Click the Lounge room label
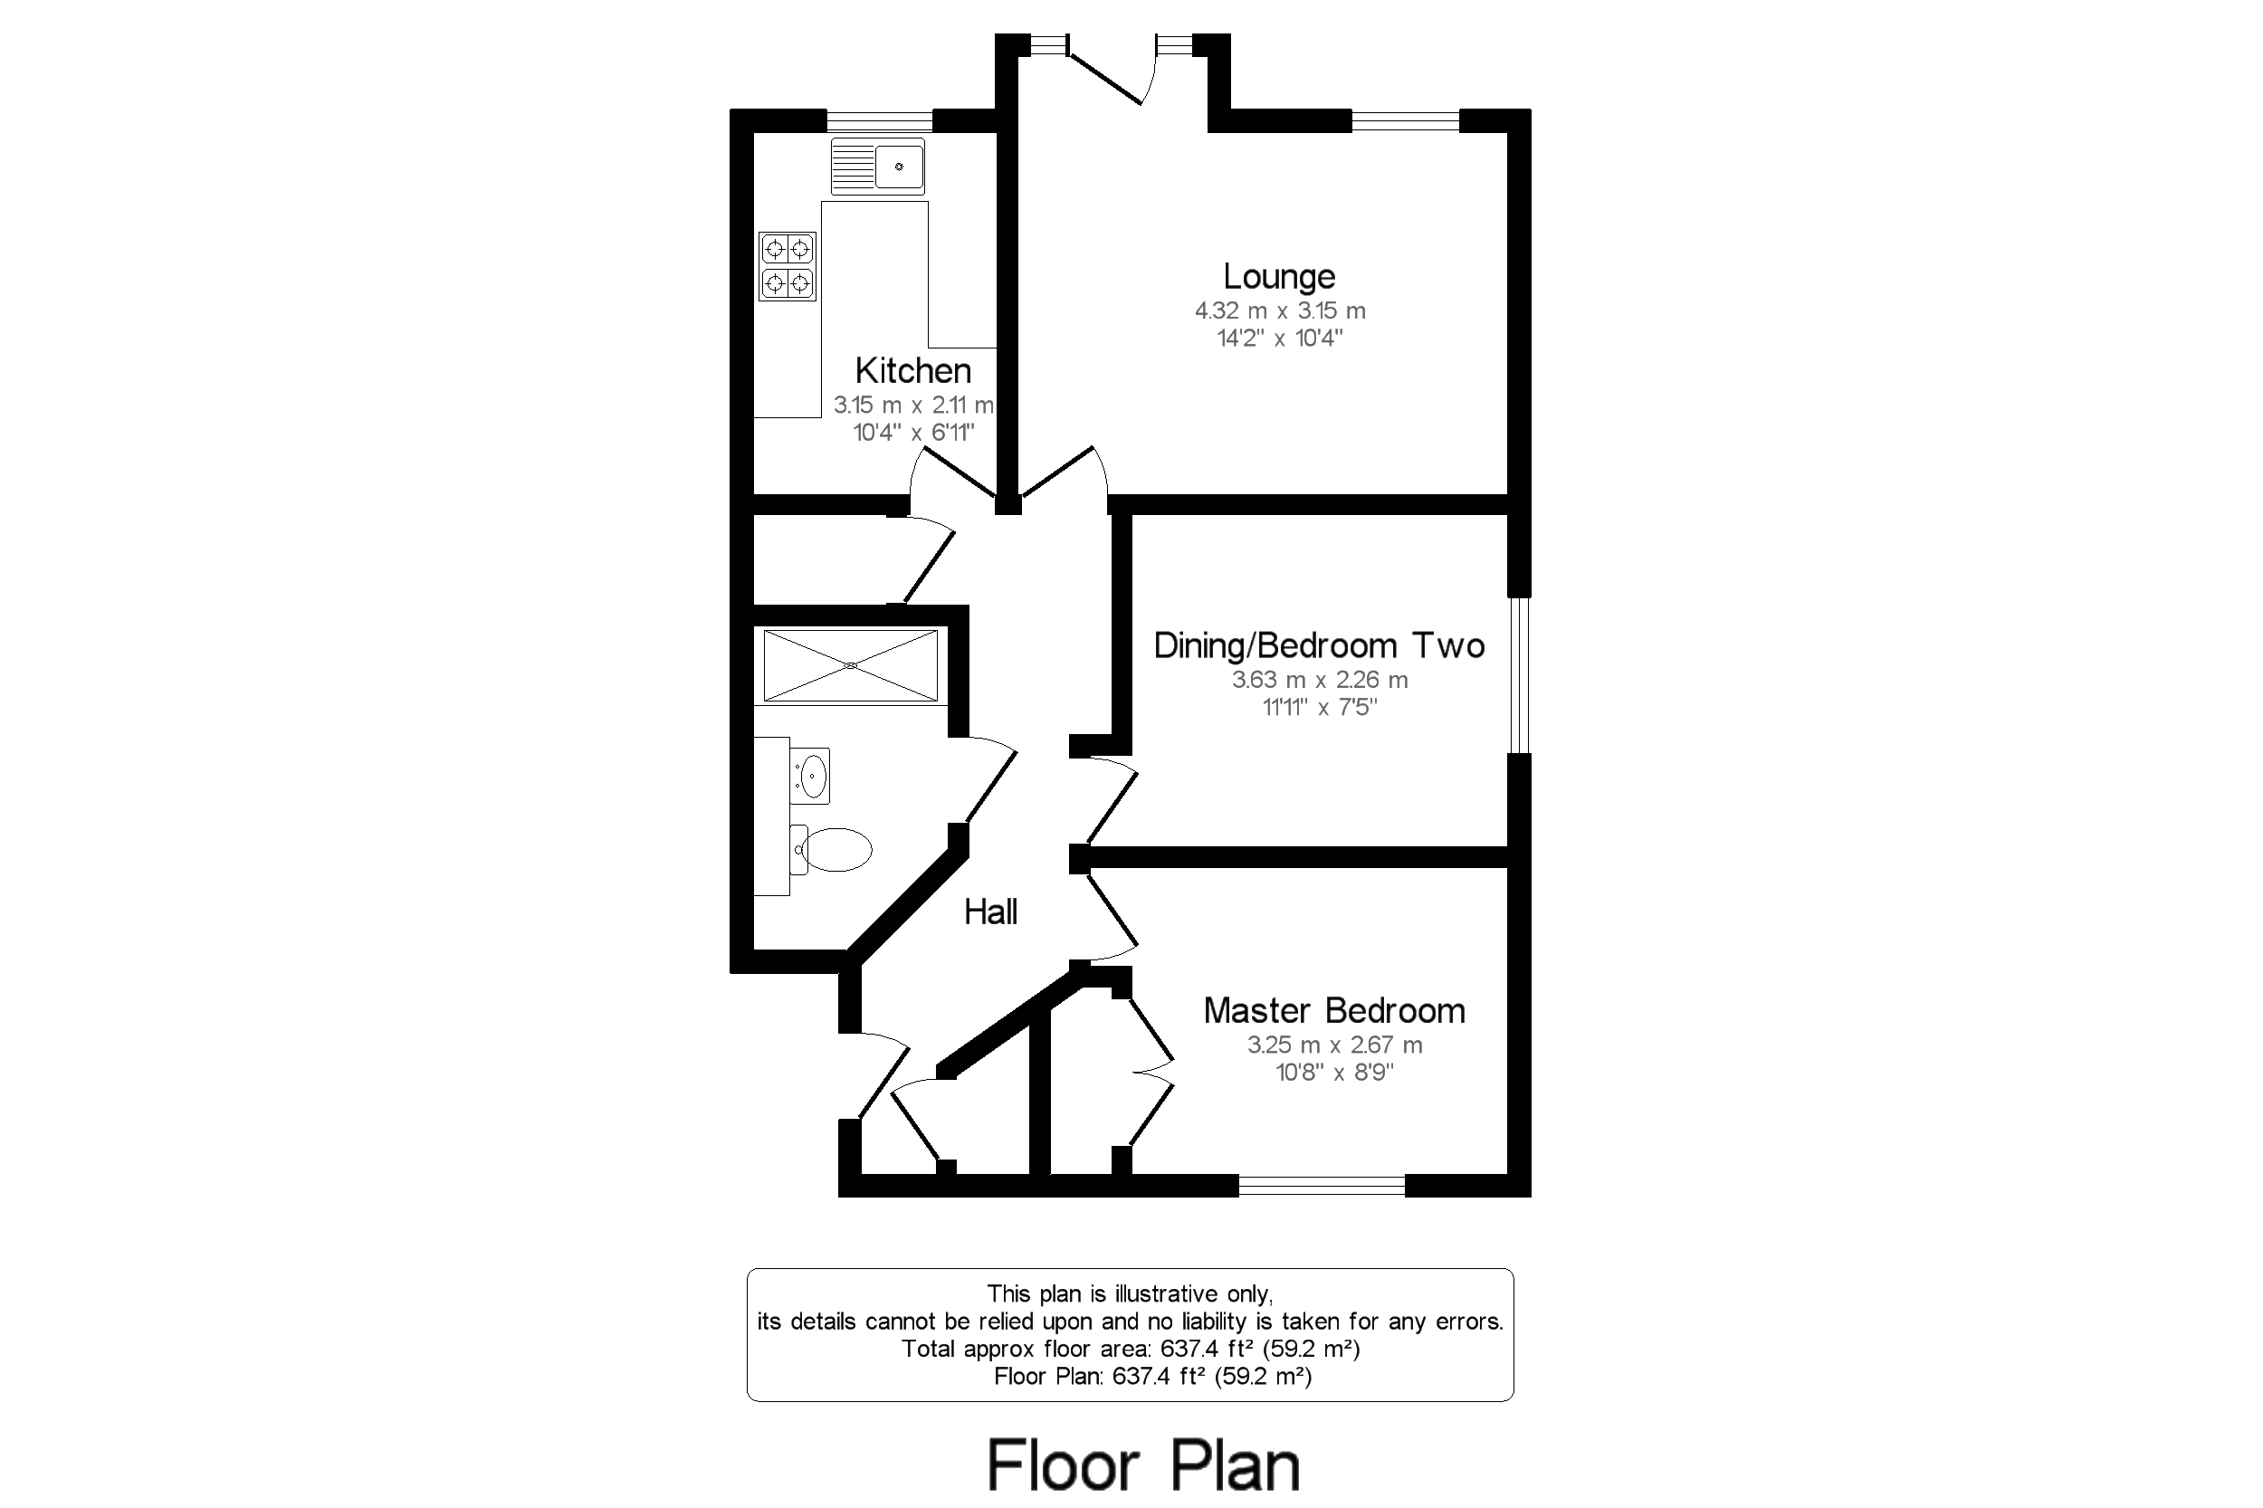point(1278,277)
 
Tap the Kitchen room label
point(912,370)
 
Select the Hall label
point(990,911)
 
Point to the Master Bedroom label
point(1334,1011)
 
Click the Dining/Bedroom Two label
point(1319,645)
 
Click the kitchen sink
point(877,167)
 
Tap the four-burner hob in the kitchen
point(788,266)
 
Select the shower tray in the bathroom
point(850,664)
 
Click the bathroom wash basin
point(810,775)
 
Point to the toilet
point(831,849)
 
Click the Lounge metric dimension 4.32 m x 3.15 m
point(1279,310)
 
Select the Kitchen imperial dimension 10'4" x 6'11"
point(913,433)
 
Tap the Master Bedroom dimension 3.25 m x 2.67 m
point(1334,1045)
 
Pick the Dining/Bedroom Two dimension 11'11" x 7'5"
point(1320,708)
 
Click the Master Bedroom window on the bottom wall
point(1322,1186)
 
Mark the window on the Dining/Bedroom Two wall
point(1520,675)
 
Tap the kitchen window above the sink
point(879,120)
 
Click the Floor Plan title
point(1143,1465)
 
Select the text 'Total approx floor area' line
point(1130,1349)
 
